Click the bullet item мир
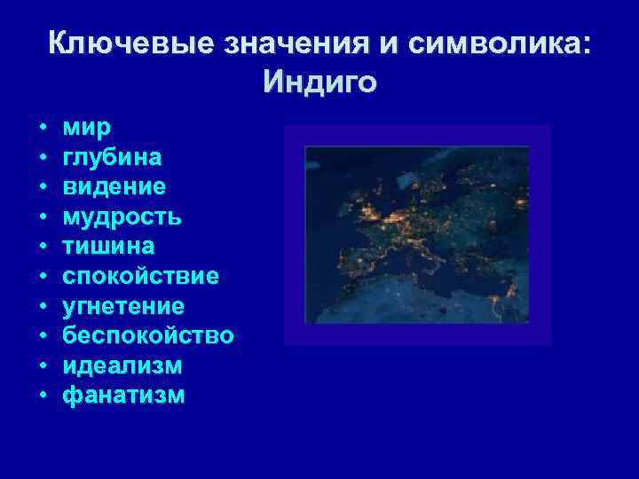(87, 129)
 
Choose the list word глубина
(112, 158)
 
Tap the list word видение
(114, 187)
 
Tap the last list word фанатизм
(124, 395)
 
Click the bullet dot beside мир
(43, 129)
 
